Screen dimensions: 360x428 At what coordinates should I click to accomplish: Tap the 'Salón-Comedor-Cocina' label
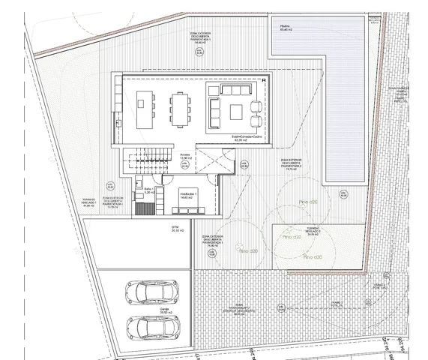240,137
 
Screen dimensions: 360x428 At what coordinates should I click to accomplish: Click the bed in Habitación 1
185,205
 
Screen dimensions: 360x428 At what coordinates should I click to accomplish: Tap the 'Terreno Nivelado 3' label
313,231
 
